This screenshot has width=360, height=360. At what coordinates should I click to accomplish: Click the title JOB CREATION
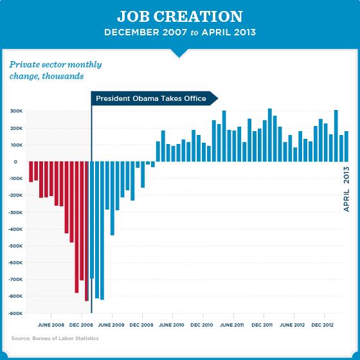click(x=179, y=16)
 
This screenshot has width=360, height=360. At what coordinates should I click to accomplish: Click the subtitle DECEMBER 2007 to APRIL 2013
click(x=179, y=32)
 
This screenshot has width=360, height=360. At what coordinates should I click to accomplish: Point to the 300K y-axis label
click(x=15, y=111)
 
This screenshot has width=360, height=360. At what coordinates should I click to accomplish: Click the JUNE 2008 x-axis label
click(x=51, y=325)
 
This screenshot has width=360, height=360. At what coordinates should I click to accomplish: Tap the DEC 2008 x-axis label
click(x=82, y=325)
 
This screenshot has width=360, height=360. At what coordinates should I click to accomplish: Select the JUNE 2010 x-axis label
click(x=172, y=325)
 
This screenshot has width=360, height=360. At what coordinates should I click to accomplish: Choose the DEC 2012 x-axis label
click(x=324, y=325)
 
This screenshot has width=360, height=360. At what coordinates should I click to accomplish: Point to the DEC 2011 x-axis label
click(x=263, y=325)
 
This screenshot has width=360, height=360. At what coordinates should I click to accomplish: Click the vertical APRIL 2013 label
click(x=346, y=189)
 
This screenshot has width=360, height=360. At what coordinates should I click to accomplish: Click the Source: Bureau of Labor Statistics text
click(x=55, y=338)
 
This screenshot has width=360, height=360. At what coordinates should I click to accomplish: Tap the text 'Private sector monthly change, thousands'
click(x=55, y=70)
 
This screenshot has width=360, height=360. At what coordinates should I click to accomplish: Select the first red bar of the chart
click(x=31, y=172)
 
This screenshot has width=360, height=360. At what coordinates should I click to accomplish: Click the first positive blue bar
click(x=158, y=152)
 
